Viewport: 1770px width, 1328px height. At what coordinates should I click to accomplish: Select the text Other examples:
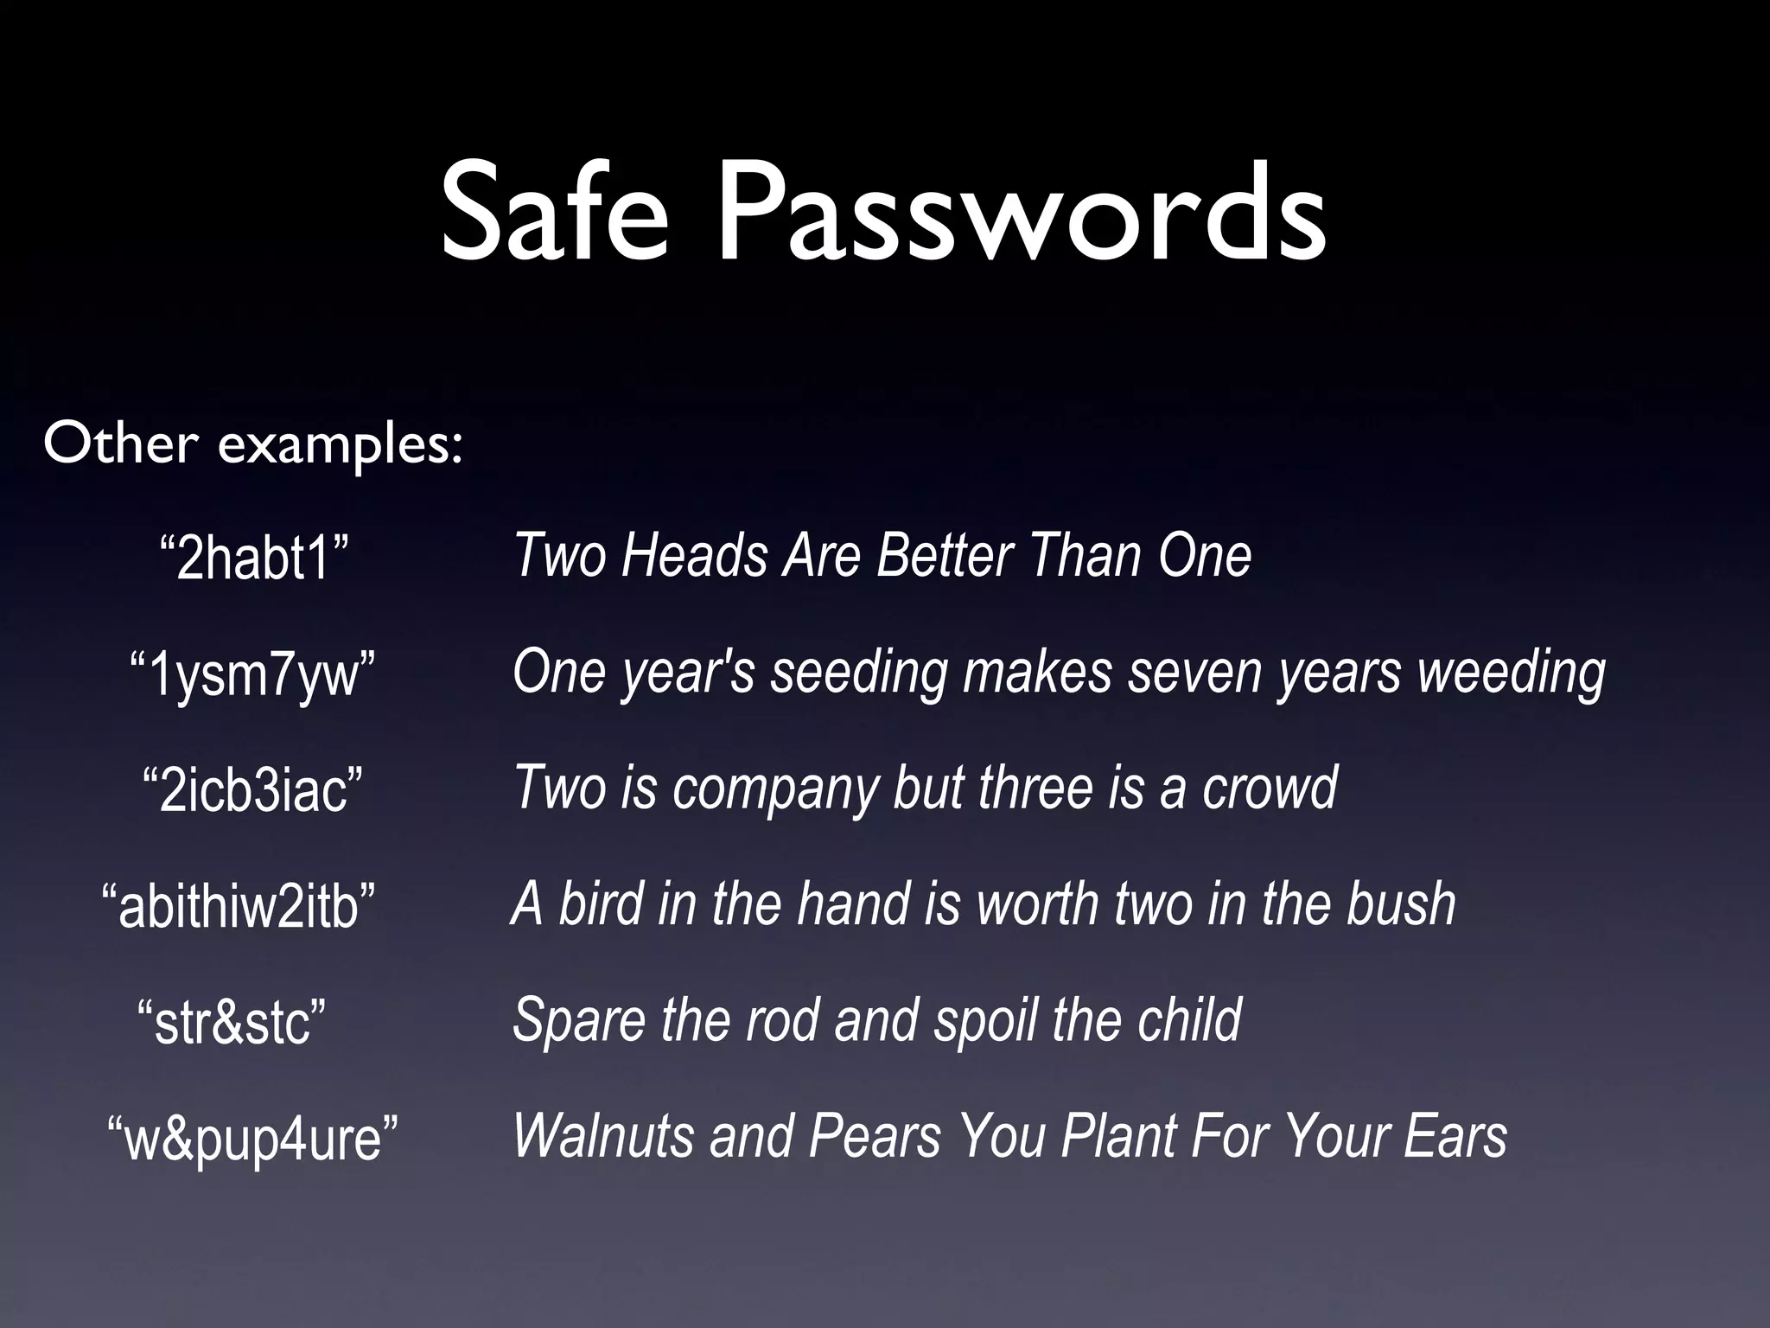(x=253, y=445)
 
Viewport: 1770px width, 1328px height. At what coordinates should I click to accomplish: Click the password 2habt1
(x=254, y=559)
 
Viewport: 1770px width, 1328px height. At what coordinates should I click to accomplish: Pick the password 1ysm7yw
(x=252, y=675)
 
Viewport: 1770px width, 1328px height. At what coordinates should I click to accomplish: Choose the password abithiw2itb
(x=239, y=905)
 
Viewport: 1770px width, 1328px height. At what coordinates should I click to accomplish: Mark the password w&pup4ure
(x=252, y=1138)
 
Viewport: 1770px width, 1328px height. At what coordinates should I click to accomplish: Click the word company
(x=775, y=788)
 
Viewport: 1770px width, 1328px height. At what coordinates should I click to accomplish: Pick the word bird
(x=602, y=903)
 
